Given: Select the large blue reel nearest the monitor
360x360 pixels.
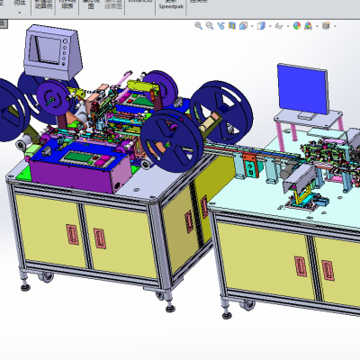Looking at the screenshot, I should [x=216, y=108].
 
